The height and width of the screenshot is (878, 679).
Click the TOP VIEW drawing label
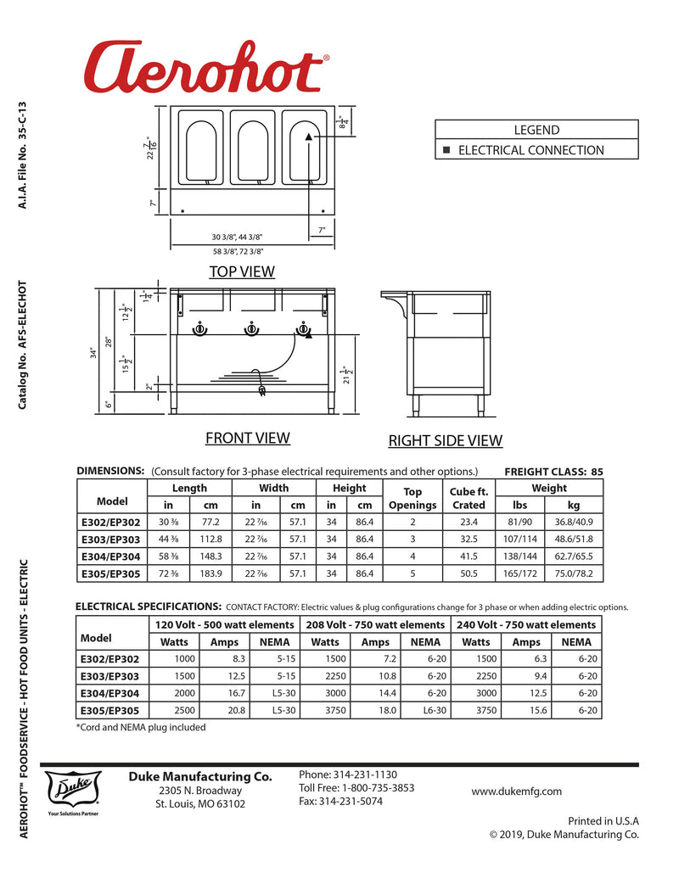(x=242, y=271)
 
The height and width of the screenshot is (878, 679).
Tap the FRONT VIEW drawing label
(x=247, y=438)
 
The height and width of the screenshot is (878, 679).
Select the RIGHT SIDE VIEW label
(x=445, y=440)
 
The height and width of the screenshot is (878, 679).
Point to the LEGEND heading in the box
(x=536, y=130)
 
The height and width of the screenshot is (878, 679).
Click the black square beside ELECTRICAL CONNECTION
(x=446, y=150)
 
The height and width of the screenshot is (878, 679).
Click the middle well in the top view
(x=251, y=150)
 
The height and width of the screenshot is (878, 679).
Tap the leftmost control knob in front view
(x=199, y=329)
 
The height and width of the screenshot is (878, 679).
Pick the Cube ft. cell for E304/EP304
(x=469, y=556)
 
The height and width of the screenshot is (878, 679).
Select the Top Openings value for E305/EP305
(x=412, y=573)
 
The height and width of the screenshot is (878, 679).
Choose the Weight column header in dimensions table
(x=549, y=488)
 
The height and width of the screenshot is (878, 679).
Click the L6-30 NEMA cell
(x=435, y=710)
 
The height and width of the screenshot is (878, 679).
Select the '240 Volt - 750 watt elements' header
(x=526, y=624)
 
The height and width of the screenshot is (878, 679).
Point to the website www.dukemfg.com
(x=516, y=791)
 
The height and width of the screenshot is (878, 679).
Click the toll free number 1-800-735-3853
(x=356, y=787)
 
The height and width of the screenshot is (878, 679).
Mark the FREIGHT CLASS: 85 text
(x=553, y=471)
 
